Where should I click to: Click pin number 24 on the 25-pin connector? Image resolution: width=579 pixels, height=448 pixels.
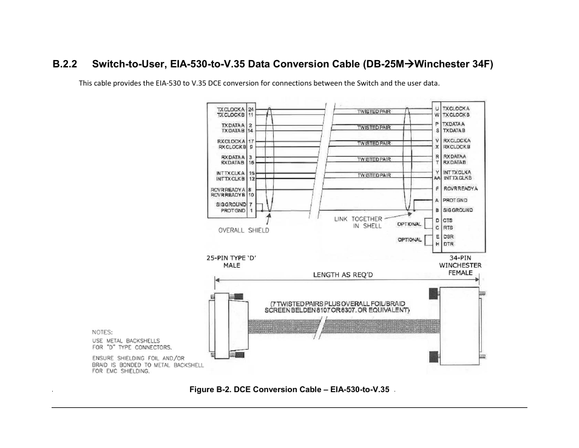(x=251, y=109)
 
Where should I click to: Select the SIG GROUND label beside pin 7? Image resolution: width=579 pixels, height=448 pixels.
(x=231, y=205)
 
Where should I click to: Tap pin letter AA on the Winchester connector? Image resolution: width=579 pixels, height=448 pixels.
(x=437, y=178)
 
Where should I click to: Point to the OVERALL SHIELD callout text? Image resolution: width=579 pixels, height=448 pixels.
(x=243, y=230)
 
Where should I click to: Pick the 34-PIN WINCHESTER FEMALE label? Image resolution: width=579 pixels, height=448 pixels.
(x=460, y=265)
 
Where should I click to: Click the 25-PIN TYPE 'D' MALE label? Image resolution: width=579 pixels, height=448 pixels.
(x=231, y=262)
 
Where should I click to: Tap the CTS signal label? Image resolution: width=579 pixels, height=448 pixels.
(x=447, y=220)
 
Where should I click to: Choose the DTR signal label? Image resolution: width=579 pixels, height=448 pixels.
(x=448, y=243)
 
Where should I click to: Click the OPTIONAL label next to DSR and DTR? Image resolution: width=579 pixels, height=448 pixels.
(x=410, y=240)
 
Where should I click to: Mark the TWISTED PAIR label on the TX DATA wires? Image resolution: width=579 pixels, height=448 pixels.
(x=373, y=127)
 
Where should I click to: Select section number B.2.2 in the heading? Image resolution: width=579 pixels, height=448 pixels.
(x=65, y=64)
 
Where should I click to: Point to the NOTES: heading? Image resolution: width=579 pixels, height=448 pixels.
(x=102, y=332)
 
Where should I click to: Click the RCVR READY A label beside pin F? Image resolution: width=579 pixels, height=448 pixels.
(x=461, y=189)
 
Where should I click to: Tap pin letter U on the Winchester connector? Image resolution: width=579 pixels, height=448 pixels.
(x=437, y=109)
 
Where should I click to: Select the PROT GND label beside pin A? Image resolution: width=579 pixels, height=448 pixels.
(x=455, y=200)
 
